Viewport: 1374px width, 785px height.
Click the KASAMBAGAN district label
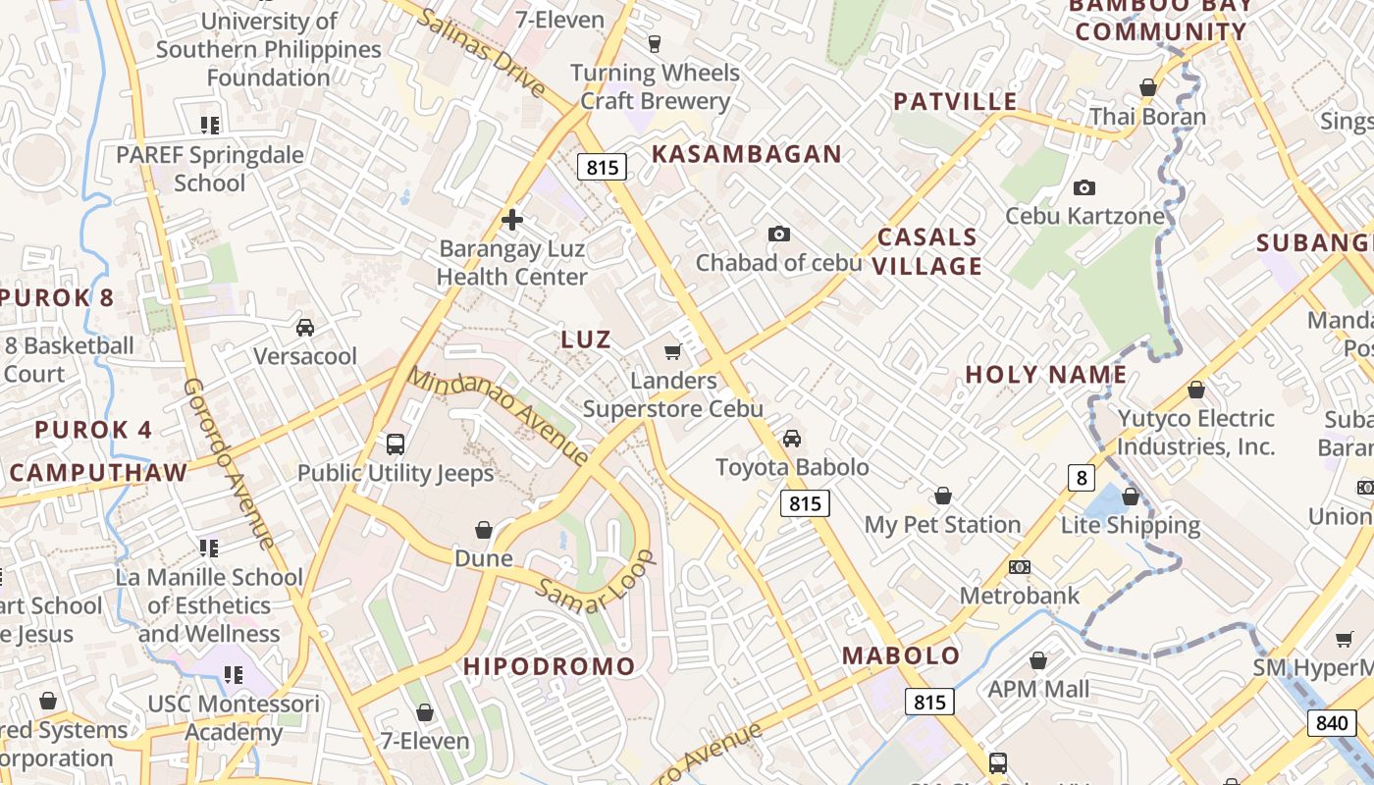[x=746, y=153]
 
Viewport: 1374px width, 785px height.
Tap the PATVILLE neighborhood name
[x=955, y=101]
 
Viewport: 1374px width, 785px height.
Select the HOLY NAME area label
[x=1046, y=374]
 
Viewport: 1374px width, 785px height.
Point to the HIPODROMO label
[x=550, y=666]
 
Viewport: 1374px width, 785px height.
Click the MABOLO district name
[x=901, y=655]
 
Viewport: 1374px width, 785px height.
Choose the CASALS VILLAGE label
[x=927, y=251]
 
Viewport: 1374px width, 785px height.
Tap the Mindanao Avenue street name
[x=499, y=415]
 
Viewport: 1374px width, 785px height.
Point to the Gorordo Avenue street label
[x=229, y=462]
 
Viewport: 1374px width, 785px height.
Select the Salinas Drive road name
[x=480, y=53]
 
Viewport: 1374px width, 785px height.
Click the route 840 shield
[x=1331, y=723]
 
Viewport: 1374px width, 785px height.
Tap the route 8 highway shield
[x=1081, y=478]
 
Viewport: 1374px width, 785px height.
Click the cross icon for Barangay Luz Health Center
[x=511, y=220]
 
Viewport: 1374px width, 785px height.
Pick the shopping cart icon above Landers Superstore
[x=673, y=351]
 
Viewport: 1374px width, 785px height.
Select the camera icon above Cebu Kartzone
[x=1083, y=187]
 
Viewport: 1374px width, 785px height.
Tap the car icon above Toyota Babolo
[x=792, y=438]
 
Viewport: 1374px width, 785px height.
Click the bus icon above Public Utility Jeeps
[x=396, y=445]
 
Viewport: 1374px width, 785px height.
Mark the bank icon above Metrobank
[x=1019, y=567]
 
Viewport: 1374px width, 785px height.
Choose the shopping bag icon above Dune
[x=484, y=530]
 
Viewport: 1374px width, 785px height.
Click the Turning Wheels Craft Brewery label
[x=655, y=86]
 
